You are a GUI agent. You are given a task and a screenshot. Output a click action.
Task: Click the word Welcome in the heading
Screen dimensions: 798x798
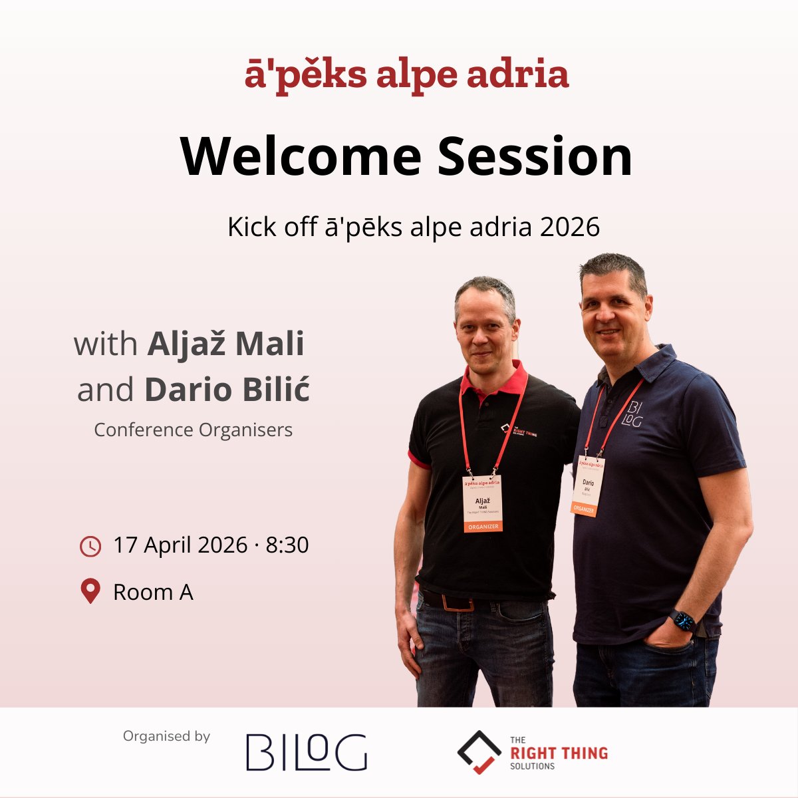pos(301,156)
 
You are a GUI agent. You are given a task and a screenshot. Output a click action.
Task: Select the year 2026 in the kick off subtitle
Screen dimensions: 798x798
pos(570,227)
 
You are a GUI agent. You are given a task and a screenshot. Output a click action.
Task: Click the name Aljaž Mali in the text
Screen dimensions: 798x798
pos(226,344)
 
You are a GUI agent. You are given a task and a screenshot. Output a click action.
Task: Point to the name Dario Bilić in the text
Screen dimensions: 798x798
pos(227,390)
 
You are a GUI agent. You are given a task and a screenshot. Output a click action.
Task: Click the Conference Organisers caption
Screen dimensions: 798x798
pos(193,430)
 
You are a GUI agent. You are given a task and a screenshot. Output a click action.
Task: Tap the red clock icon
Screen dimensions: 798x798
pos(90,546)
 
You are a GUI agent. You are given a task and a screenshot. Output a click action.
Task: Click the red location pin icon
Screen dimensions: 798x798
pos(90,591)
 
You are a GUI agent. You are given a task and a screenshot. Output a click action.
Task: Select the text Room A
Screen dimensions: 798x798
pos(153,592)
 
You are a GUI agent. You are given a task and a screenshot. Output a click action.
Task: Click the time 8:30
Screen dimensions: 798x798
pos(287,545)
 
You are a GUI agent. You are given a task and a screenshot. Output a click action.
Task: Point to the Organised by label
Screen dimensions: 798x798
pos(166,736)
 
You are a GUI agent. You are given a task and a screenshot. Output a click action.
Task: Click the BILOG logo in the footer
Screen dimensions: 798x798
pos(307,752)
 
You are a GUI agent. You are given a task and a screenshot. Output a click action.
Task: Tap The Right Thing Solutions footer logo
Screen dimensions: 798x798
pos(532,753)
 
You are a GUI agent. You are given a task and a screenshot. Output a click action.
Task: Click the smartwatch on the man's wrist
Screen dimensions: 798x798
pos(683,621)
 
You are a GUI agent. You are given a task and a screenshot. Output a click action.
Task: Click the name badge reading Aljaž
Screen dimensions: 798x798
pos(483,503)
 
